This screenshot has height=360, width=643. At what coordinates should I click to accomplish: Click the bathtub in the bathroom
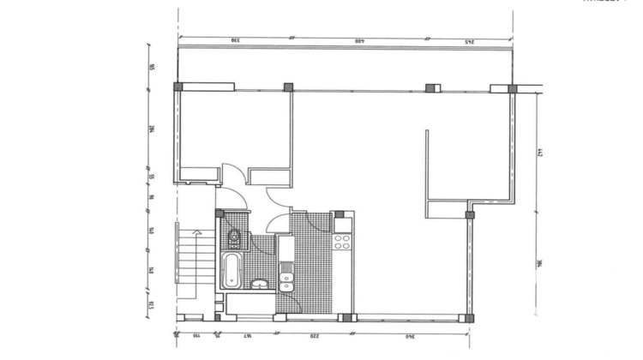(232, 270)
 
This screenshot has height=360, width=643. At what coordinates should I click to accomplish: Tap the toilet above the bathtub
(234, 237)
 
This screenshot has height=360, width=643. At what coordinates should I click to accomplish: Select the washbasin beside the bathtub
(261, 282)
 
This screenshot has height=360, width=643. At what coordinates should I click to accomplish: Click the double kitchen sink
(286, 277)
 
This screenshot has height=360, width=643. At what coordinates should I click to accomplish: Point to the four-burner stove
(342, 241)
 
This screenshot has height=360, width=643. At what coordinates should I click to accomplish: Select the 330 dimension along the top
(233, 40)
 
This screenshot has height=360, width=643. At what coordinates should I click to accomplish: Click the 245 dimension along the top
(470, 40)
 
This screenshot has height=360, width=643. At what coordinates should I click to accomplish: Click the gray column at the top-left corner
(177, 87)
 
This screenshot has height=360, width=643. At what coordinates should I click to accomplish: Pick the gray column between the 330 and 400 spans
(288, 87)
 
